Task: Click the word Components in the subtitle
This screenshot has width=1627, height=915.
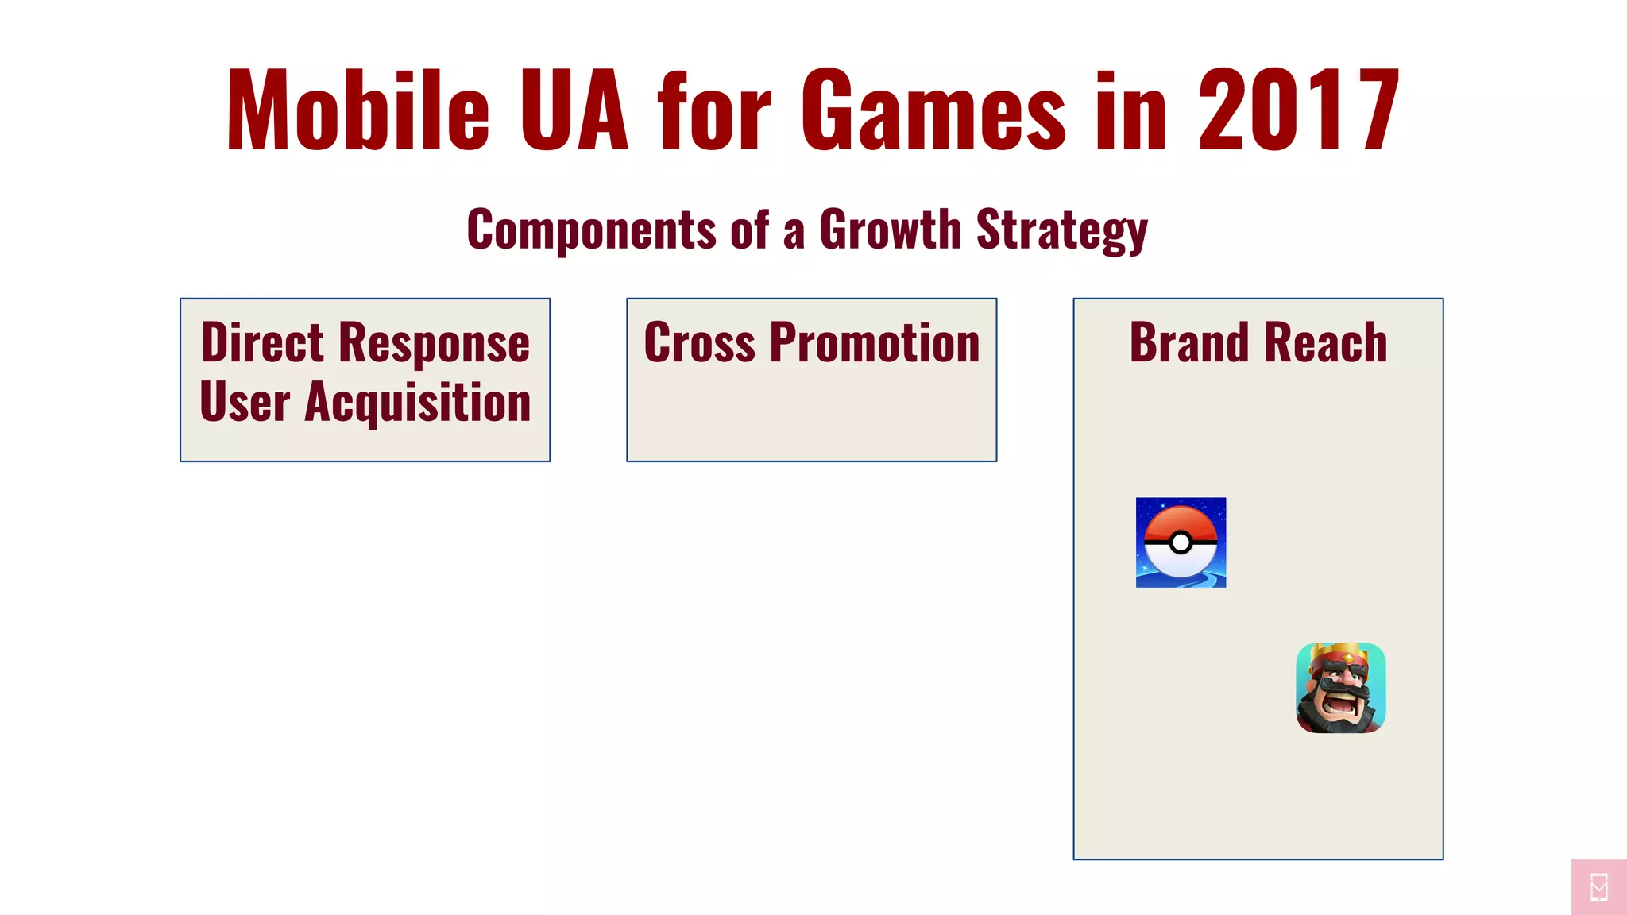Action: pyautogui.click(x=592, y=230)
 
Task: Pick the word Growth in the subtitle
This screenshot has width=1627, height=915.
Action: pyautogui.click(x=890, y=230)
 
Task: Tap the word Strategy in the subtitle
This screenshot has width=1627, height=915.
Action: pyautogui.click(x=1061, y=231)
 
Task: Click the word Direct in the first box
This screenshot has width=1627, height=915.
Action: pyautogui.click(x=262, y=342)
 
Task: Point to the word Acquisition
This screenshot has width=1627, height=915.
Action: pyautogui.click(x=418, y=403)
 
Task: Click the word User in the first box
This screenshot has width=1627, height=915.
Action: pyautogui.click(x=245, y=403)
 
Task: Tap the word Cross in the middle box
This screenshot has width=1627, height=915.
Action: pyautogui.click(x=699, y=343)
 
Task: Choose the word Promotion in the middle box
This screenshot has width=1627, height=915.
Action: pyautogui.click(x=875, y=343)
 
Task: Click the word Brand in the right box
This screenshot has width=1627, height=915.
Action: pyautogui.click(x=1189, y=343)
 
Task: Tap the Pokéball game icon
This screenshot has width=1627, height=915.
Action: pyautogui.click(x=1181, y=542)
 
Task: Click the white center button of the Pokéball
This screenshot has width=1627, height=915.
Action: pyautogui.click(x=1181, y=542)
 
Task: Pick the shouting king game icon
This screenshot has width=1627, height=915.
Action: pyautogui.click(x=1341, y=688)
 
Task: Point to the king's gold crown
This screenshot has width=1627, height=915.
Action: pyautogui.click(x=1341, y=654)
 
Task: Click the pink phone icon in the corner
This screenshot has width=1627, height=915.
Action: pyautogui.click(x=1599, y=887)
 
